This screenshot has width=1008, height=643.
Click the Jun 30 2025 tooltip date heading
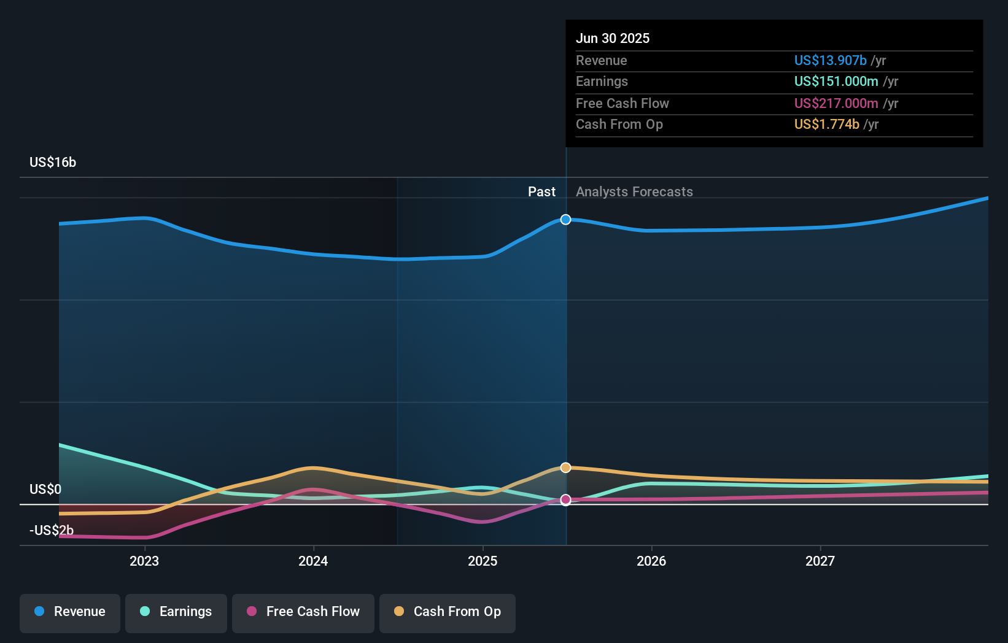[612, 38]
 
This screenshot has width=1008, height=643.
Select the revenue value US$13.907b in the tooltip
[830, 60]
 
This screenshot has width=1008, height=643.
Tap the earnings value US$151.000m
[835, 81]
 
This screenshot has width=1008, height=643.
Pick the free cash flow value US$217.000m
[835, 103]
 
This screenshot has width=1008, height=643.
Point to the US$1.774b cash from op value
[826, 124]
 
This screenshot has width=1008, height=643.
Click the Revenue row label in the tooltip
[601, 60]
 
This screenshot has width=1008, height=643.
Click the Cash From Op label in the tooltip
[619, 124]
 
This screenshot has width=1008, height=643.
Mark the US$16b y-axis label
[53, 162]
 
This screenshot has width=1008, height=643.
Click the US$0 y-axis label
[45, 489]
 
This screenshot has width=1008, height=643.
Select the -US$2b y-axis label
[52, 530]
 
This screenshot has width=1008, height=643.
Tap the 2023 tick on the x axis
[144, 561]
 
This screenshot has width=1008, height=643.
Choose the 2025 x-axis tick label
[483, 561]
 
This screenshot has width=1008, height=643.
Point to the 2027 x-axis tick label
[820, 561]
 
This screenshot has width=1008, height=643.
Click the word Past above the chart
[541, 191]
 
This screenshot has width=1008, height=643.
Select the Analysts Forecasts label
[634, 191]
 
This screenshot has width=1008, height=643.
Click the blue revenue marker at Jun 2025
[565, 220]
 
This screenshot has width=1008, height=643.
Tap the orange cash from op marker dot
[565, 468]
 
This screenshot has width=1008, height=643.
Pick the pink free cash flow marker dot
[565, 500]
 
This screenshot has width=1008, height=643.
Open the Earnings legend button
[176, 612]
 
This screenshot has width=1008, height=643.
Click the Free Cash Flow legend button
[303, 612]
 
